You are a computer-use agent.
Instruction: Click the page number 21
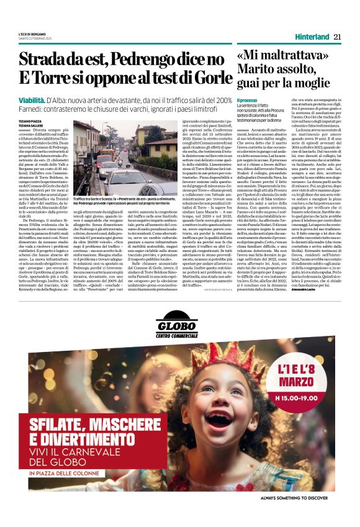pyautogui.click(x=337, y=37)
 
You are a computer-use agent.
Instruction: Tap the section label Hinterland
pyautogui.click(x=312, y=37)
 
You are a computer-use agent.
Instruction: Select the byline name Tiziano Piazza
pyautogui.click(x=28, y=121)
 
